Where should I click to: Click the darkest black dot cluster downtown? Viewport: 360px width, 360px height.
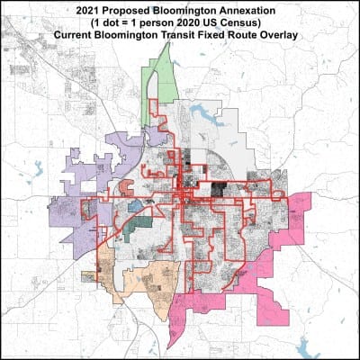click(219, 188)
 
